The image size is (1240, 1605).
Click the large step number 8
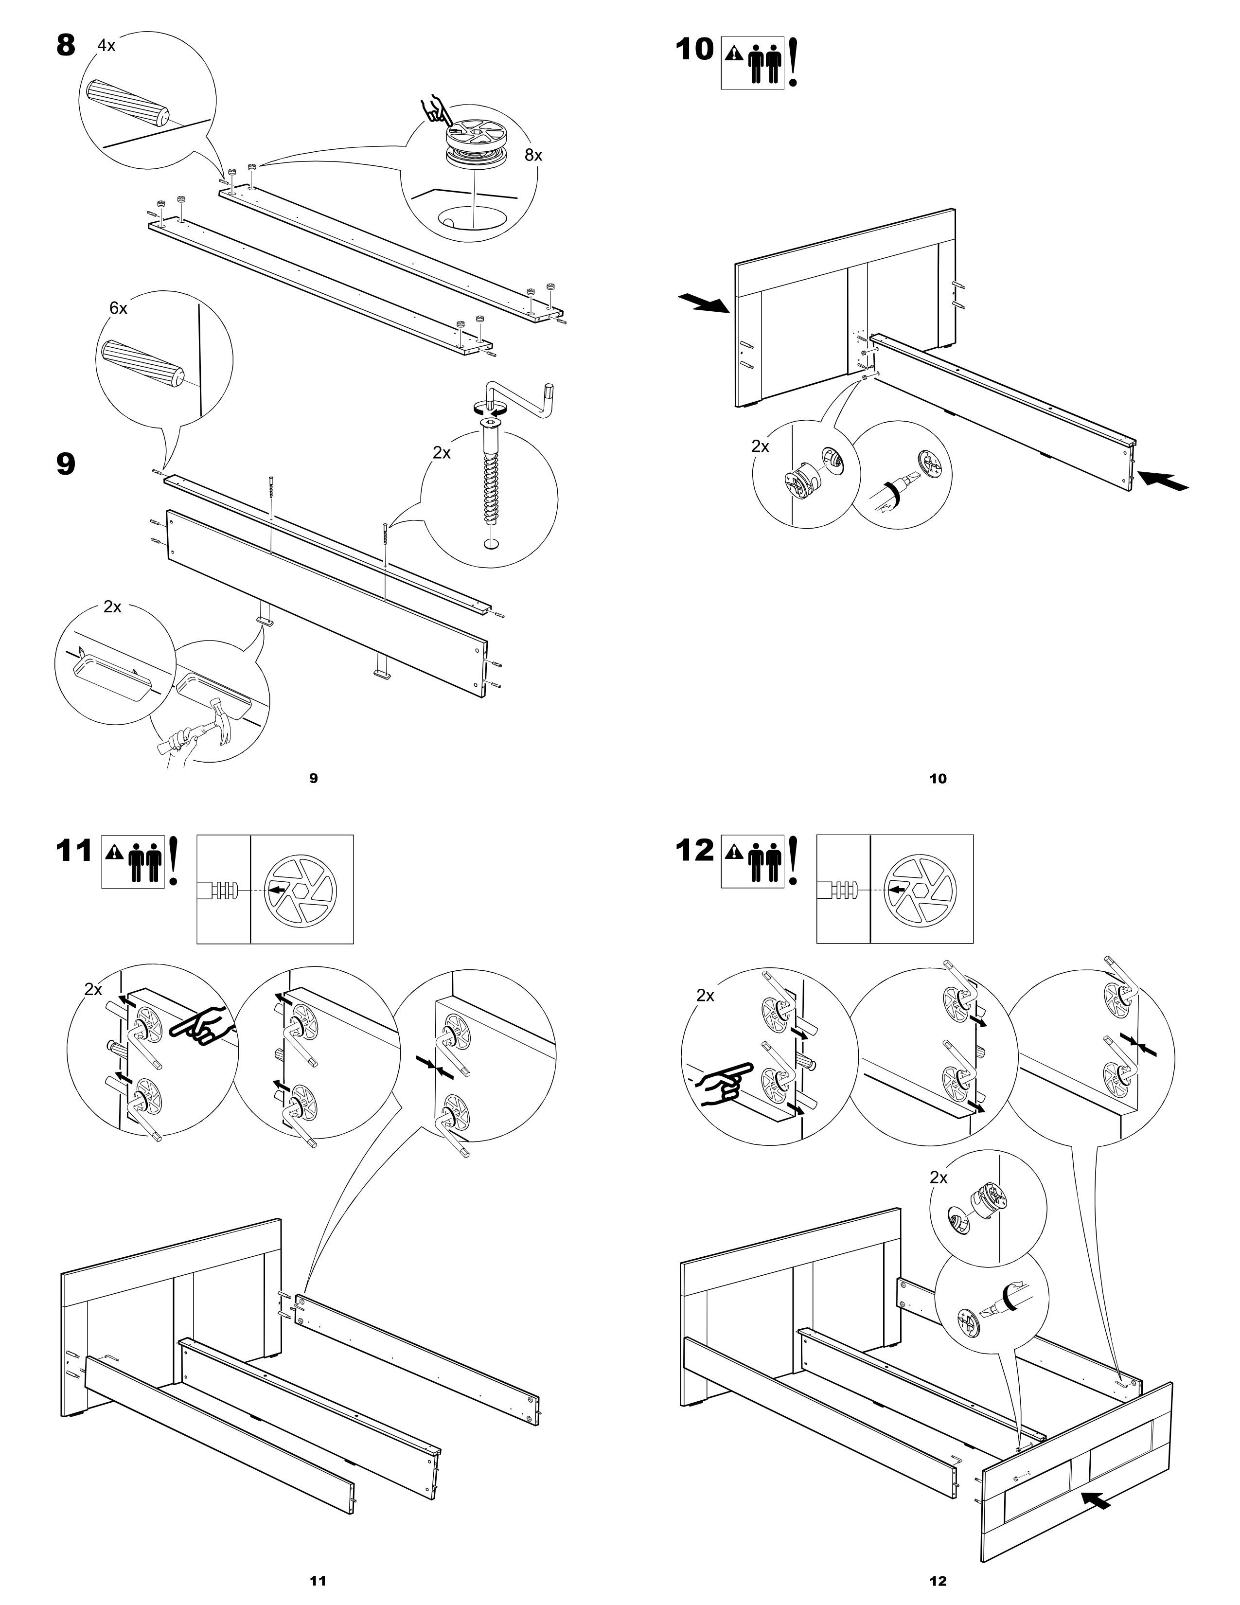coord(65,46)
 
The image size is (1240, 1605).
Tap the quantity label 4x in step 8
coord(106,46)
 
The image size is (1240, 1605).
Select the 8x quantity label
coord(533,155)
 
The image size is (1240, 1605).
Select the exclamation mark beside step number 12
coord(794,860)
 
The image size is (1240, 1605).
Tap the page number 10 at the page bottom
coord(938,778)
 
